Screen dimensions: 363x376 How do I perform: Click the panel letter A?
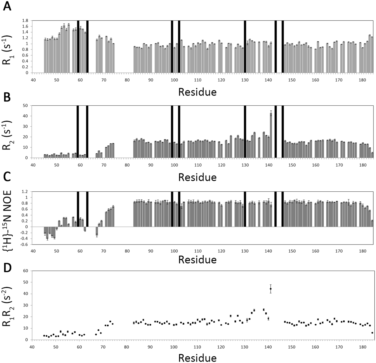[x=7, y=6]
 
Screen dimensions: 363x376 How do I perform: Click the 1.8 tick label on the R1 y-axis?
[x=25, y=21]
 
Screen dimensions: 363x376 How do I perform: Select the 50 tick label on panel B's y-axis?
[x=25, y=106]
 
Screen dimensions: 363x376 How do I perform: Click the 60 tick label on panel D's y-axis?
[x=25, y=271]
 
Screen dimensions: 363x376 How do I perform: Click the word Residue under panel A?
[x=197, y=92]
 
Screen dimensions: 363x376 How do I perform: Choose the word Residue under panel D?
[x=197, y=358]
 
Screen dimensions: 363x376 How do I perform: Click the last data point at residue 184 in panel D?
[x=372, y=333]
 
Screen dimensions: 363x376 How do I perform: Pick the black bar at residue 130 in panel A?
[x=245, y=47]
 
